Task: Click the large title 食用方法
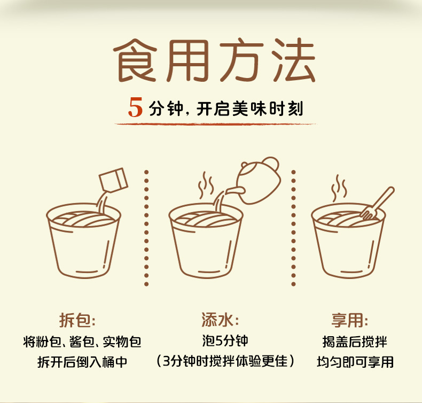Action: tap(214, 60)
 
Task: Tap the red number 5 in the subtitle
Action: tap(135, 107)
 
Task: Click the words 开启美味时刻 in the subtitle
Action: tap(250, 108)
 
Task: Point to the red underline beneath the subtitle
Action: tap(215, 124)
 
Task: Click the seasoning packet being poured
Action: tap(113, 180)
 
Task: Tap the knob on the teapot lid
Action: tap(270, 164)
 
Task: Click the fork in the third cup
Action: tap(377, 203)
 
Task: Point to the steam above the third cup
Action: tap(338, 188)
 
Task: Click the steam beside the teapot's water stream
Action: tap(206, 185)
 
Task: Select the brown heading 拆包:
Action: tap(77, 320)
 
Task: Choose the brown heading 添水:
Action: tap(220, 320)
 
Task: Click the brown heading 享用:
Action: tap(349, 320)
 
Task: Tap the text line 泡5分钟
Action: tap(225, 341)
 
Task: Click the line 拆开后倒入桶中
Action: tap(82, 362)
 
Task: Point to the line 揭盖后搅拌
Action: tap(355, 342)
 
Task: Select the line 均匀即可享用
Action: tap(355, 362)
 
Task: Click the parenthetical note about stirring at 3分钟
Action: tap(225, 361)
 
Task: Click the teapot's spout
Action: tap(235, 191)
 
